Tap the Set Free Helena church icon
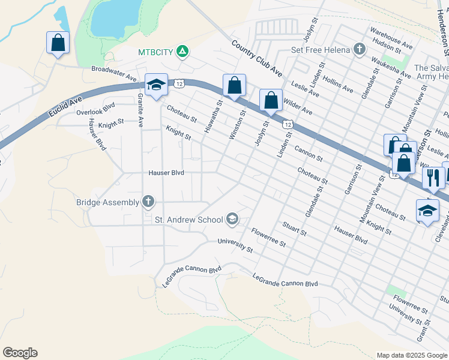pyautogui.click(x=359, y=49)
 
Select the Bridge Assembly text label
pyautogui.click(x=107, y=202)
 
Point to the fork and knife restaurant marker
pyautogui.click(x=431, y=177)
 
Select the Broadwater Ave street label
pyautogui.click(x=114, y=70)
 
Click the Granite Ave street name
pyautogui.click(x=140, y=110)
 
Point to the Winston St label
pyautogui.click(x=237, y=125)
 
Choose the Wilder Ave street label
pyautogui.click(x=298, y=107)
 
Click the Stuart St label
pyautogui.click(x=294, y=228)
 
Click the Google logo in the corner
pyautogui.click(x=20, y=353)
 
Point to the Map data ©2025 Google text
pyautogui.click(x=412, y=355)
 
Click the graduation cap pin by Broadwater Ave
pyautogui.click(x=155, y=85)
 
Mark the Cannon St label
pyautogui.click(x=309, y=155)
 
